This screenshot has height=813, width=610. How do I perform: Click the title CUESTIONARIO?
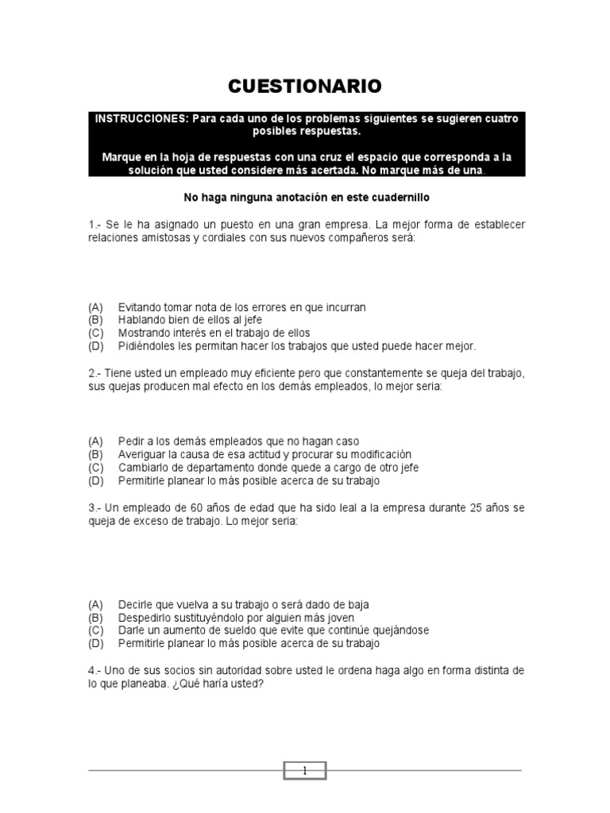pos(305,86)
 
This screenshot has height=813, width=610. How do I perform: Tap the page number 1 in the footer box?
pos(304,770)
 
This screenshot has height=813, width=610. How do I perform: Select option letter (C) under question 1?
pos(96,333)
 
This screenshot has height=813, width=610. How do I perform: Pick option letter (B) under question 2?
pos(96,454)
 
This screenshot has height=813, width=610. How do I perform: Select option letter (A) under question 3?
pos(96,604)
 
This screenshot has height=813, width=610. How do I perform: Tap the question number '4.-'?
pos(96,671)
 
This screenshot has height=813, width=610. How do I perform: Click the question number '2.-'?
pos(96,373)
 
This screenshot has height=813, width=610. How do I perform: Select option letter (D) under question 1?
pos(96,346)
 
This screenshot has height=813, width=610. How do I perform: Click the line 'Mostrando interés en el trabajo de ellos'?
pos(214,333)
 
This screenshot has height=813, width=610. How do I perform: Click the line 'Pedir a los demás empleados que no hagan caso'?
pos(238,441)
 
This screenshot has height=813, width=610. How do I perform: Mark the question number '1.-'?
pos(96,225)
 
